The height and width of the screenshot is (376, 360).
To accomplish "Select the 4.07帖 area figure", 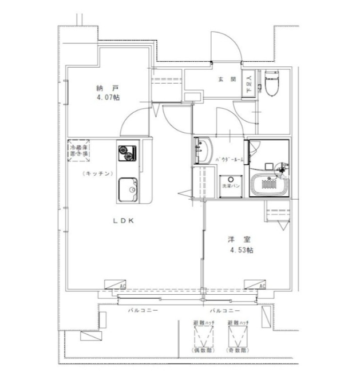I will click(x=108, y=97).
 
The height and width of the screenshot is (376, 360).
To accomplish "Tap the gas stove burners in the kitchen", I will click(x=126, y=152).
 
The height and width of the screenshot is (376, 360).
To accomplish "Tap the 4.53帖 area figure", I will click(x=242, y=251).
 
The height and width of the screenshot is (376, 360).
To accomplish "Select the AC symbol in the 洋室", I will click(x=255, y=285).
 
